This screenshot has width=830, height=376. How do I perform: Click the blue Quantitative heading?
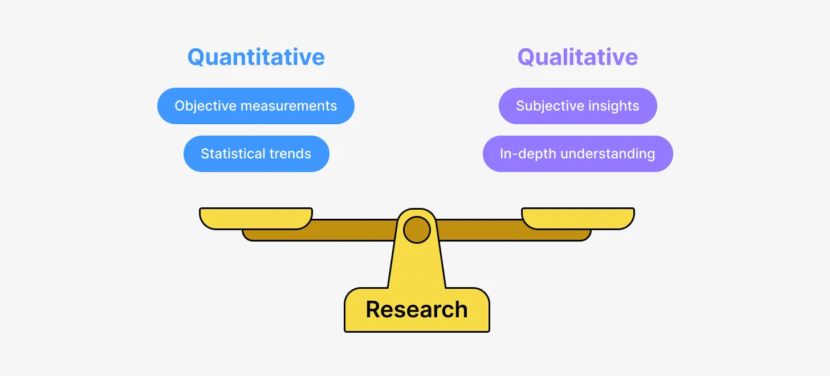pos(256,57)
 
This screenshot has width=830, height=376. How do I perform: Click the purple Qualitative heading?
pos(577,57)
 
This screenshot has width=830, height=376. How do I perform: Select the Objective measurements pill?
pos(256,106)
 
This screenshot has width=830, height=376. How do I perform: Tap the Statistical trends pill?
pos(256,154)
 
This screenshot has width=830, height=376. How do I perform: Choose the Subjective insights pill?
pos(577,106)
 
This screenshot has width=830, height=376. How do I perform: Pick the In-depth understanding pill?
pos(577,154)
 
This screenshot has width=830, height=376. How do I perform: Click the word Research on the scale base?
pos(417,310)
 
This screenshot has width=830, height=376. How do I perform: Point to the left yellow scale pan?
pos(256,218)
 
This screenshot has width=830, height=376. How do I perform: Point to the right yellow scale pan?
pos(577,218)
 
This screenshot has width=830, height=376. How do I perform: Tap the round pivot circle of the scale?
pos(417,230)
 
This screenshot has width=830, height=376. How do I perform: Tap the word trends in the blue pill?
pos(290,154)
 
